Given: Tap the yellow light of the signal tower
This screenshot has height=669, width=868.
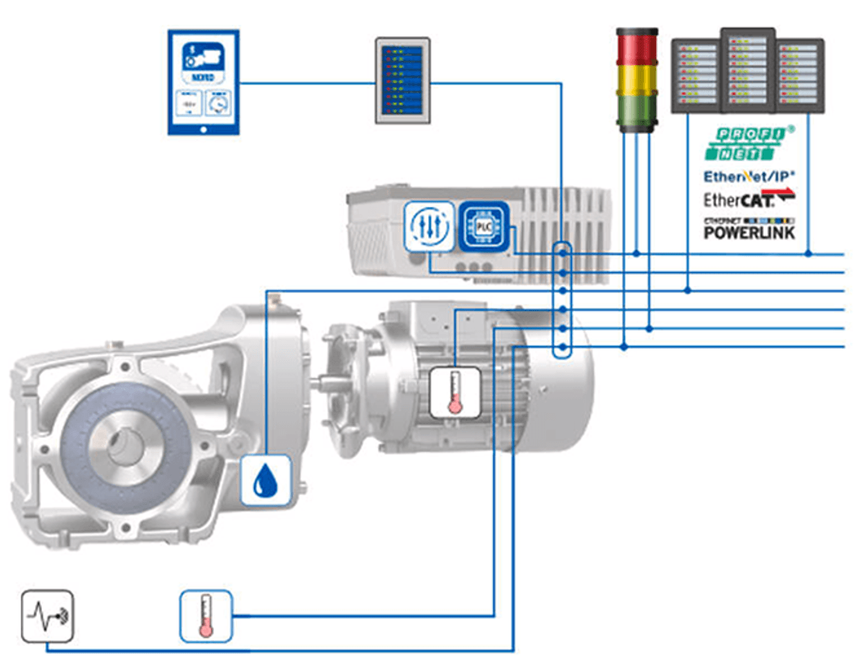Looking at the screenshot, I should click(x=637, y=80).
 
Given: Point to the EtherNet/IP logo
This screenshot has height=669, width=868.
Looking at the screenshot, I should click(x=749, y=176).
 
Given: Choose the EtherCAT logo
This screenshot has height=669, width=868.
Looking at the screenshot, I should click(x=749, y=198).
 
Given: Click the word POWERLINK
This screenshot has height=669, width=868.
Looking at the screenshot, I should click(x=749, y=232).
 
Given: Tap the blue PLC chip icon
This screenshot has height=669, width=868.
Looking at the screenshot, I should click(x=484, y=226).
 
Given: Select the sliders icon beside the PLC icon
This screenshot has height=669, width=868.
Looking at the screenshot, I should click(x=430, y=226).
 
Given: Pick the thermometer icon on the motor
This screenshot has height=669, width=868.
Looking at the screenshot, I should click(x=455, y=392).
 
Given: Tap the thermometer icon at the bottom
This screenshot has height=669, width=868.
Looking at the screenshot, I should click(x=206, y=615).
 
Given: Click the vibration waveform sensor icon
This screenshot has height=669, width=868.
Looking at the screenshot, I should click(x=47, y=615).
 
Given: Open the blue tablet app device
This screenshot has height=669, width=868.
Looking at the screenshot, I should click(x=203, y=82).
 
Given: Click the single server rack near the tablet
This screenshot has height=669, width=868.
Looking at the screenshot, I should click(x=402, y=80).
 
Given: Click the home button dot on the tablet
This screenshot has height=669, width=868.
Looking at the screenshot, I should click(x=203, y=128).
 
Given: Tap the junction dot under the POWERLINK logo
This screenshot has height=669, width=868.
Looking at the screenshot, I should click(x=809, y=254).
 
